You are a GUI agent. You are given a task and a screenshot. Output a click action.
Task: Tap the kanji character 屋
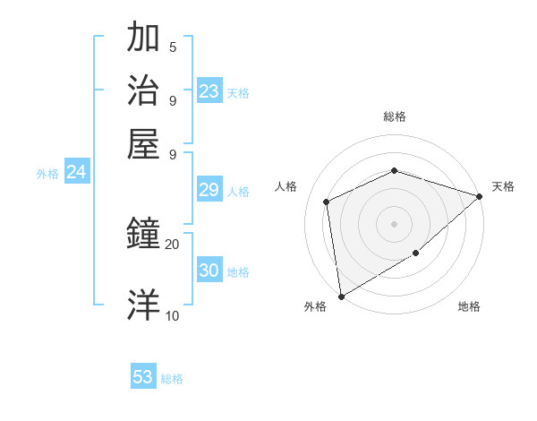pyautogui.click(x=143, y=142)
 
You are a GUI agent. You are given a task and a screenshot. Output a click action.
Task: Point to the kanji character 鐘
pyautogui.click(x=143, y=235)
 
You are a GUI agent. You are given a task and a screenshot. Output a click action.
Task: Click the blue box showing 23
pyautogui.click(x=209, y=91)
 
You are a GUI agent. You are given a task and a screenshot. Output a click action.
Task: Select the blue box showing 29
pyautogui.click(x=209, y=190)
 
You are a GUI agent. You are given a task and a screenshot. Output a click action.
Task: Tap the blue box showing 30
pyautogui.click(x=209, y=271)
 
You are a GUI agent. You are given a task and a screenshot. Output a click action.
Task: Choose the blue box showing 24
pyautogui.click(x=76, y=173)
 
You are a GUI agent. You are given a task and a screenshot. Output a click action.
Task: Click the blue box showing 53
pyautogui.click(x=142, y=377)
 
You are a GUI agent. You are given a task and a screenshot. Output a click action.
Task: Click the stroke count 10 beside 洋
pyautogui.click(x=172, y=315)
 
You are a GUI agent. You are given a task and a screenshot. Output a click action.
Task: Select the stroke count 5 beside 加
pyautogui.click(x=173, y=47)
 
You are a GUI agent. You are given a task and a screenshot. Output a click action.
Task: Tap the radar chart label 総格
pyautogui.click(x=394, y=116)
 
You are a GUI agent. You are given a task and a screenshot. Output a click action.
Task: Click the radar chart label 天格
pyautogui.click(x=503, y=186)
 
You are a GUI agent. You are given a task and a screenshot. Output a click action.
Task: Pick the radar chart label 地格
pyautogui.click(x=469, y=307)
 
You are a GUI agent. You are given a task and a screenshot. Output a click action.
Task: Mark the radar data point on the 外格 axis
pyautogui.click(x=341, y=296)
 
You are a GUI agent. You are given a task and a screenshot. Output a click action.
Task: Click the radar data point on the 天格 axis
pyautogui.click(x=480, y=196)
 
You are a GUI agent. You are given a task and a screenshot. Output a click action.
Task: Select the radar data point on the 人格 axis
pyautogui.click(x=327, y=202)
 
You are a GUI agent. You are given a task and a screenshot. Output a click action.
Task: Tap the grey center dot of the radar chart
pyautogui.click(x=394, y=223)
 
